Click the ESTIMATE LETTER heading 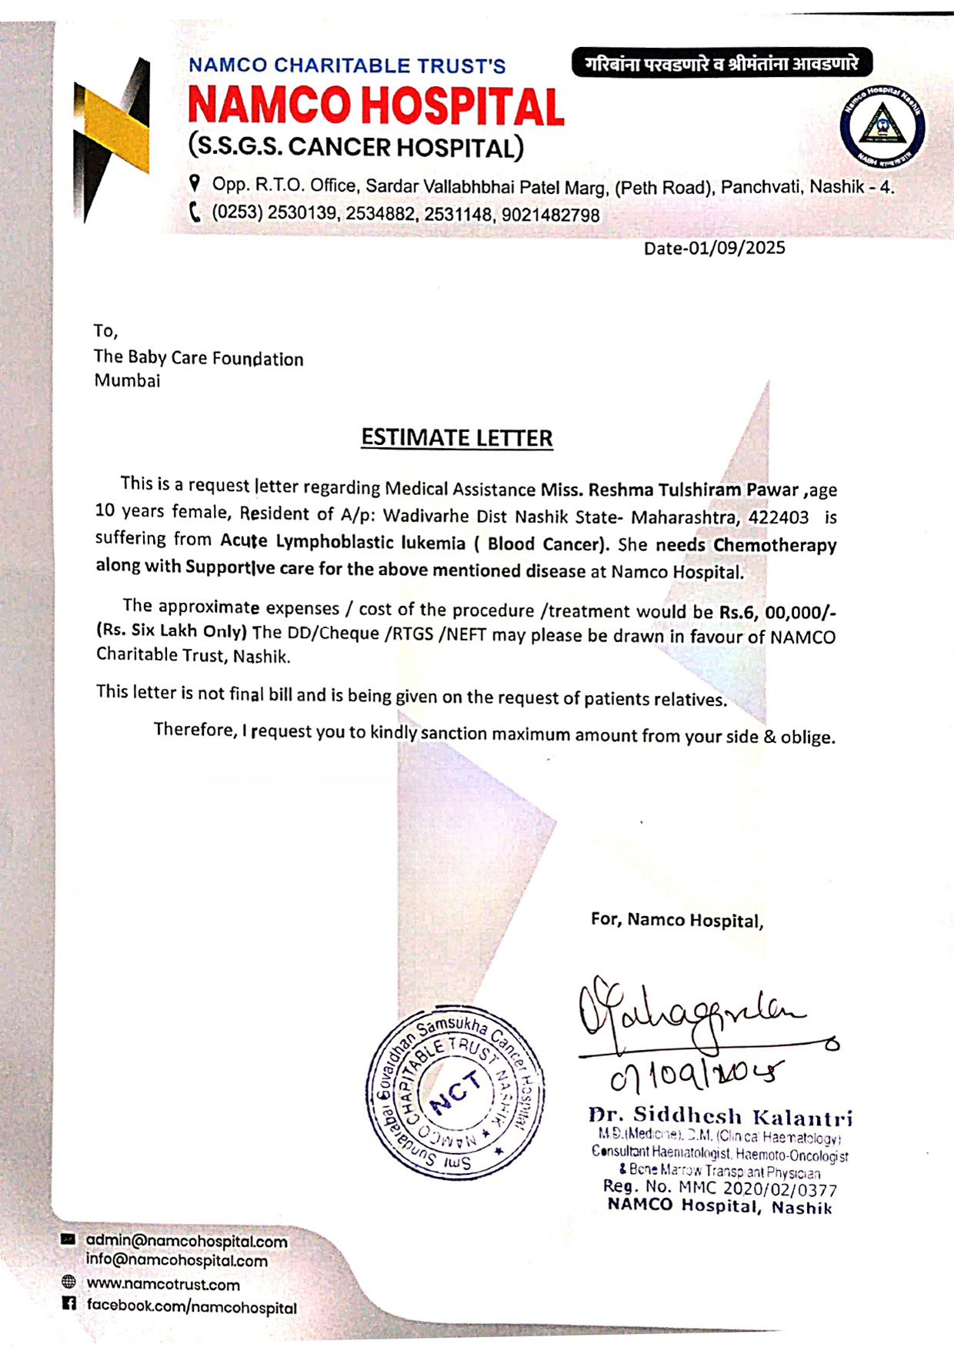[457, 438]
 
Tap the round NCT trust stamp [455, 1092]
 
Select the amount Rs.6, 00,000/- [777, 612]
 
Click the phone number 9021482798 [550, 215]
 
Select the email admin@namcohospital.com [186, 1241]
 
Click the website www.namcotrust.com [163, 1284]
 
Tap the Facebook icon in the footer [68, 1303]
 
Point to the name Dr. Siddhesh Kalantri [720, 1116]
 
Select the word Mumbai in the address [127, 380]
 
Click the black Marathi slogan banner [722, 63]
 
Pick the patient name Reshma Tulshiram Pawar [692, 490]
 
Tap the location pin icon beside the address [195, 183]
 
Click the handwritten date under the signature [696, 1075]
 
